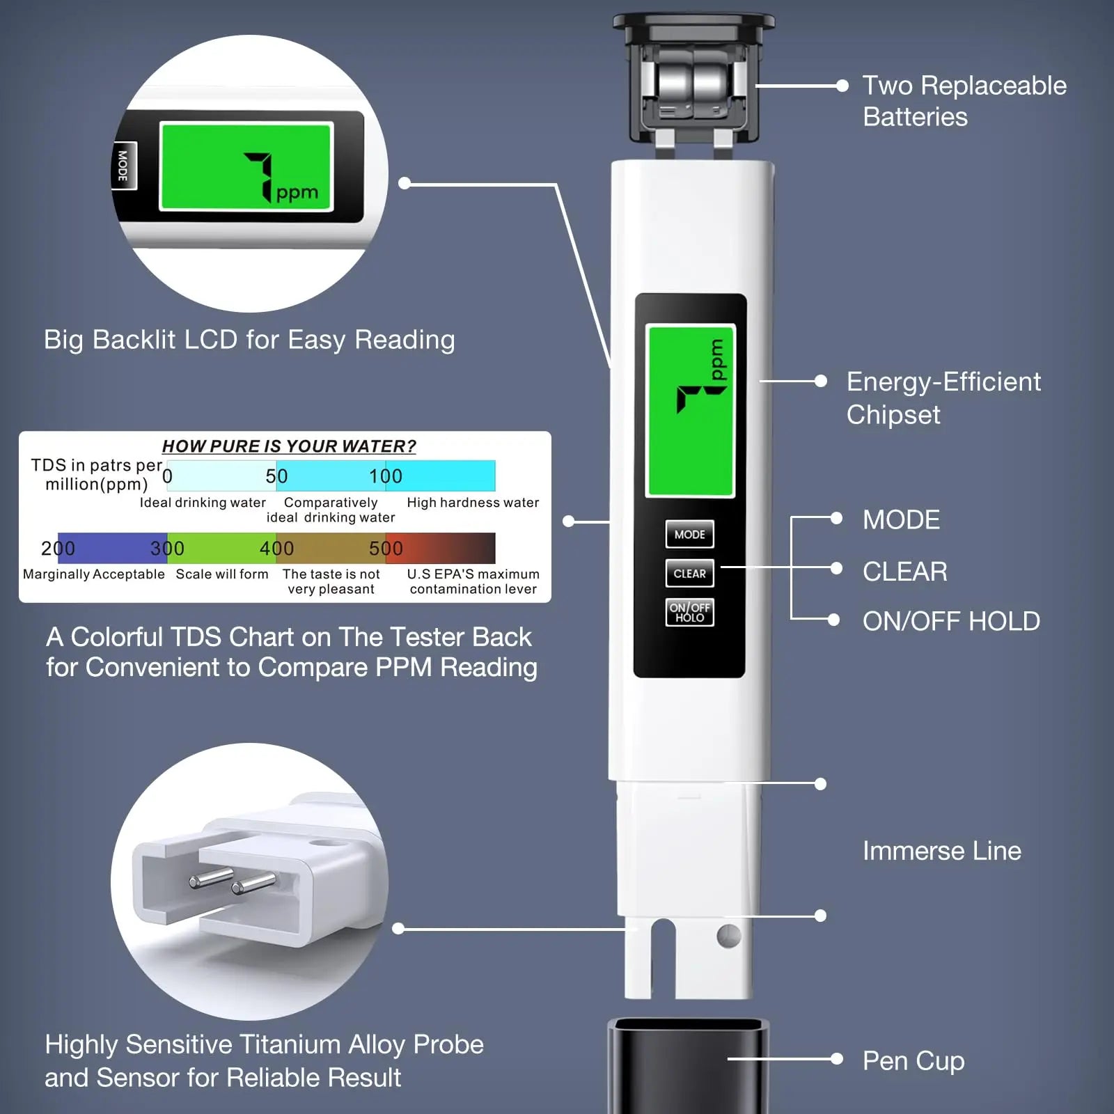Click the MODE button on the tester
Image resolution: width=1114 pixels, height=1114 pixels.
(x=689, y=535)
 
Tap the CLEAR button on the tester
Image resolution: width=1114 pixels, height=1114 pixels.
(x=689, y=574)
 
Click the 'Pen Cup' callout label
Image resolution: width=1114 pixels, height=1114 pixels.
(x=913, y=1061)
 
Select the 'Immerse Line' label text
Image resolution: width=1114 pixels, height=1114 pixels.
(x=941, y=851)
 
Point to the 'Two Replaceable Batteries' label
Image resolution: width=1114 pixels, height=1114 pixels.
(x=964, y=101)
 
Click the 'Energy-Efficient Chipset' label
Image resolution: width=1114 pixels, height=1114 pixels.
(x=943, y=398)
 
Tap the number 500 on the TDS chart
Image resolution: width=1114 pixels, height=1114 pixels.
(x=386, y=549)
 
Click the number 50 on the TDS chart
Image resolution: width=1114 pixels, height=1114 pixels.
(x=276, y=476)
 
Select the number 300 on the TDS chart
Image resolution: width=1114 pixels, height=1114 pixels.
(x=167, y=549)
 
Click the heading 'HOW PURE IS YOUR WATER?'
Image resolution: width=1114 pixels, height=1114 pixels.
(x=289, y=446)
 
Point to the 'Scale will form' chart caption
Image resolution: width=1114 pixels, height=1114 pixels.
(x=221, y=574)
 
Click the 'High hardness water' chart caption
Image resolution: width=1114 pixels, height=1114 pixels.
(x=473, y=503)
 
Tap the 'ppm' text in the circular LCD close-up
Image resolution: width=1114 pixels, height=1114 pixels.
(x=297, y=193)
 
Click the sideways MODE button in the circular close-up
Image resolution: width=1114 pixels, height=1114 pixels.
(x=123, y=166)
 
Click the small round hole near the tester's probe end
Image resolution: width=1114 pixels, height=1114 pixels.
(x=728, y=936)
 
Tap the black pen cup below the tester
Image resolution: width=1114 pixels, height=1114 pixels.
(x=688, y=1065)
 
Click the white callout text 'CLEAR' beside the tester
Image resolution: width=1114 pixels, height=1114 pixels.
(x=904, y=572)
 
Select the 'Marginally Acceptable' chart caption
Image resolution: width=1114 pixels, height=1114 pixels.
(x=94, y=574)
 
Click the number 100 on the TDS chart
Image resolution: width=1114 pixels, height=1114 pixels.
(x=386, y=476)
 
